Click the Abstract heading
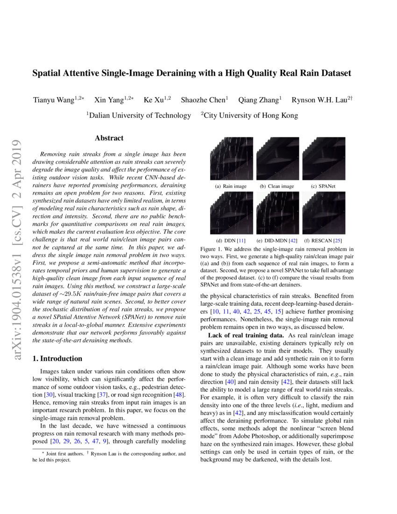coord(109,138)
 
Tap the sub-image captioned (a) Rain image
coord(231,158)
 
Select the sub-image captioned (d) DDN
coord(231,213)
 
